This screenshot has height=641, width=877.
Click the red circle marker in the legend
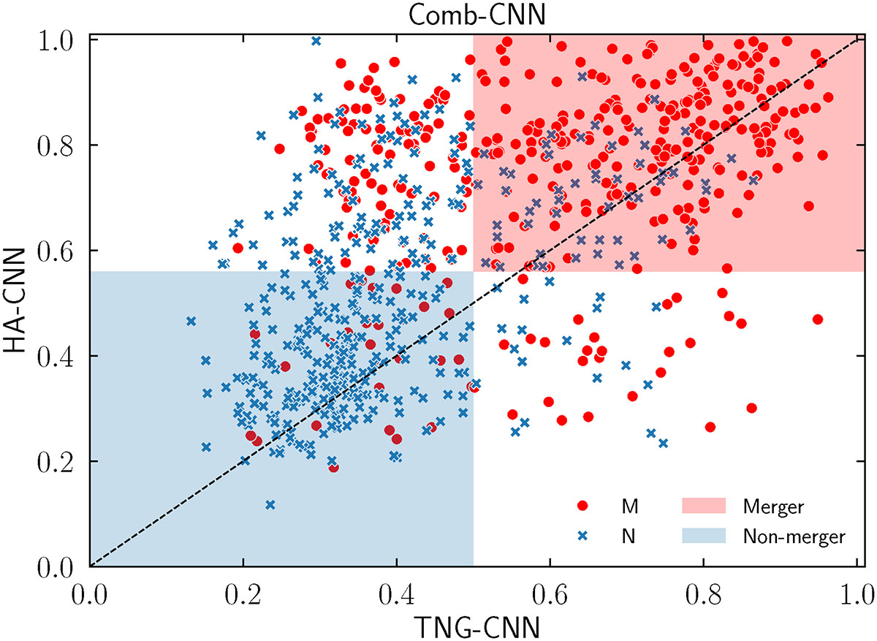[582, 506]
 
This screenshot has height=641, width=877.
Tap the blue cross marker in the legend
[582, 536]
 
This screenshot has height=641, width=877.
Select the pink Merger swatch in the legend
[704, 506]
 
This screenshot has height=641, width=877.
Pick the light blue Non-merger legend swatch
[704, 536]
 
